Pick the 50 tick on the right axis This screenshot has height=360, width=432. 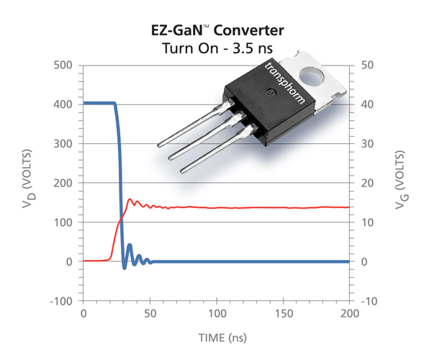click(366, 66)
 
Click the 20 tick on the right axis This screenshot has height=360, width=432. click(366, 184)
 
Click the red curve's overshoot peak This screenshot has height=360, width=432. click(130, 199)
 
